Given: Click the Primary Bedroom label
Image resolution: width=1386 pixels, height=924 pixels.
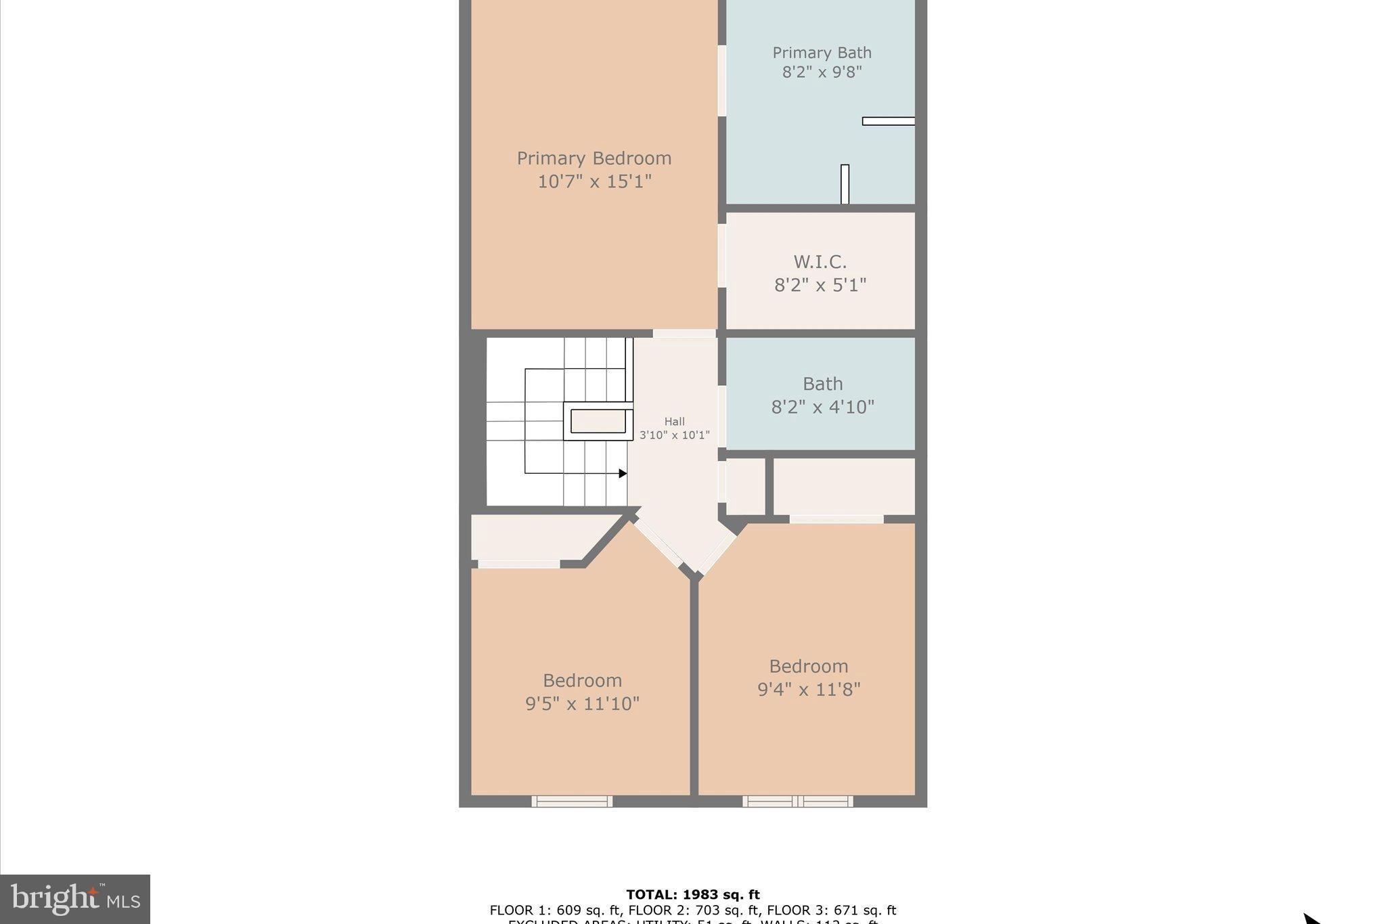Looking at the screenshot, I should [x=594, y=158].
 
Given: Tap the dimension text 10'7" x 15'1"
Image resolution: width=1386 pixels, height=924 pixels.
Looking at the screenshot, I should [x=594, y=181].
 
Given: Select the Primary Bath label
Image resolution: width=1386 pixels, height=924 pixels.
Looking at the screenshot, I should [x=822, y=53].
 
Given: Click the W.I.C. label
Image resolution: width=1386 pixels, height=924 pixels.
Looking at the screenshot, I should [x=820, y=261].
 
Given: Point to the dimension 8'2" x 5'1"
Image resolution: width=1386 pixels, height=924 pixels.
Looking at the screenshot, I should [x=820, y=285].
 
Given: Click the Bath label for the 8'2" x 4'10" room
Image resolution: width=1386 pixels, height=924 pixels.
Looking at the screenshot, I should [x=822, y=384].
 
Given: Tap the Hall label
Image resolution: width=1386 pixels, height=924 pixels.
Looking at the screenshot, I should [x=674, y=422].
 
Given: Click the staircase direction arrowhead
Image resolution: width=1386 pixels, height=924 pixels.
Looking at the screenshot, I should [x=623, y=474].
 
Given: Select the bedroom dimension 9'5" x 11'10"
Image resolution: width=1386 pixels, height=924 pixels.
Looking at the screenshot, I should [x=582, y=704].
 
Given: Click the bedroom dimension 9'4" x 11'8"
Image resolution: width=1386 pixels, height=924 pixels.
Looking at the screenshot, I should [x=808, y=690].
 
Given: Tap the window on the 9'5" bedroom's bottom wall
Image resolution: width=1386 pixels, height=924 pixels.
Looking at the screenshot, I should [x=572, y=801].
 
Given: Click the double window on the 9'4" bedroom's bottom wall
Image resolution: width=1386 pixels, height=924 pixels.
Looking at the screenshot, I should [x=797, y=801].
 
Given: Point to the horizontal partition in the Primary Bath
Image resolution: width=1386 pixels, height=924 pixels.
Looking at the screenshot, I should [x=888, y=121].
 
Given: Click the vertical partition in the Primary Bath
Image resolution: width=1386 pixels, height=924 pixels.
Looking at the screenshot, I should [x=845, y=183].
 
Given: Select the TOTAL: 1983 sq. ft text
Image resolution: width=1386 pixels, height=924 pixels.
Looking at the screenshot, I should [x=692, y=895].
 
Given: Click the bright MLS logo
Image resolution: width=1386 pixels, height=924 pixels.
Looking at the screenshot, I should [x=74, y=899].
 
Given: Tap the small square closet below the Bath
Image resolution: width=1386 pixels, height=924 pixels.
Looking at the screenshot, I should [x=745, y=487].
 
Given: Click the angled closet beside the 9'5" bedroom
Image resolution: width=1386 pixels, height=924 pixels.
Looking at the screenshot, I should [x=535, y=537].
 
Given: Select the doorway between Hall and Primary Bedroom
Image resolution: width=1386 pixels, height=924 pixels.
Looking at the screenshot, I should [x=684, y=334].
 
